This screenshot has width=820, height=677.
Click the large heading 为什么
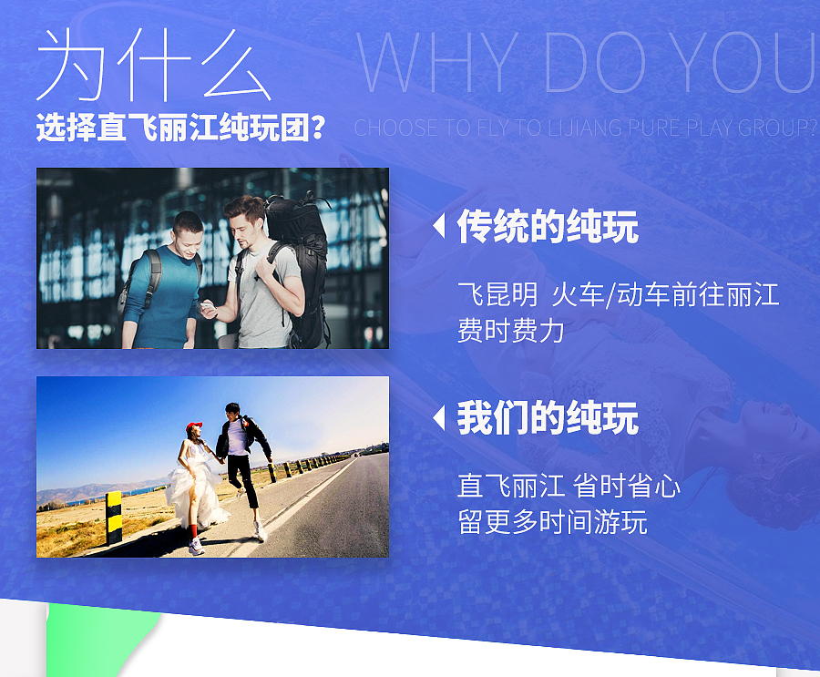153,66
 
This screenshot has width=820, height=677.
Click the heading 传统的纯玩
548,227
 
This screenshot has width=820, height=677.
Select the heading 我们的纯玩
548,418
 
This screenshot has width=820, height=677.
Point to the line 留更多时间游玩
551,523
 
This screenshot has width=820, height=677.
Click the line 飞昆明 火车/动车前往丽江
618,294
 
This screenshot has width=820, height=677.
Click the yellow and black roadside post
114,517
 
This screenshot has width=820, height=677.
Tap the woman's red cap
193,426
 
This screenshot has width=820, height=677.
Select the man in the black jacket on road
241,465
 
